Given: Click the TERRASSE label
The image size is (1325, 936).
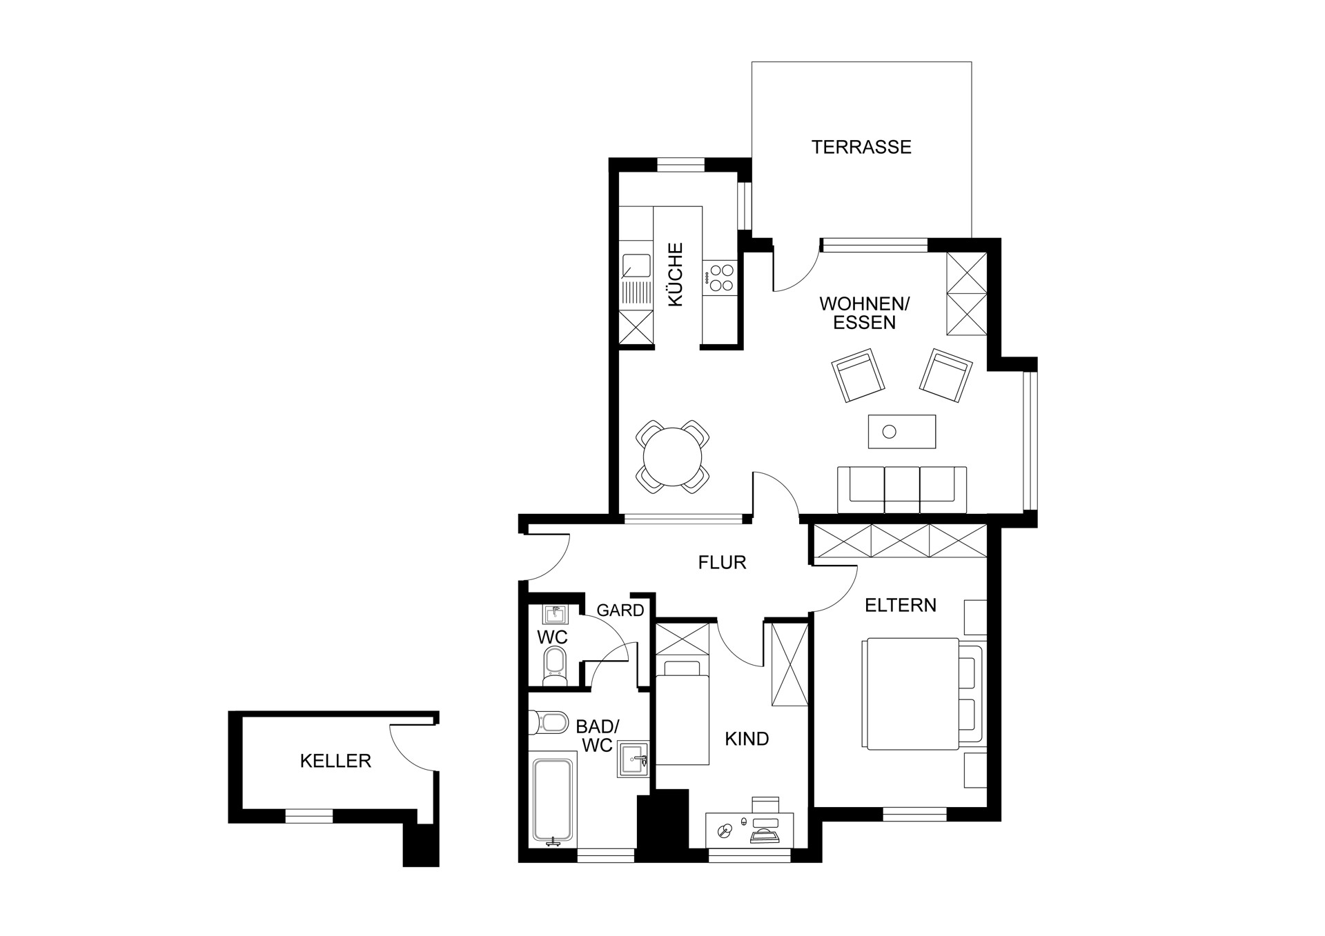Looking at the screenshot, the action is [x=861, y=147].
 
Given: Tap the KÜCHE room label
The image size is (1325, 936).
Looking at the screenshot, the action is [x=675, y=275].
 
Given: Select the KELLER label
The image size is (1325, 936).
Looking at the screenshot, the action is [x=335, y=761].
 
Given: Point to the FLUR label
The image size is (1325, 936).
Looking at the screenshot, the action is [x=722, y=563].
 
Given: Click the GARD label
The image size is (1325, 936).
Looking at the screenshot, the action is [x=620, y=610].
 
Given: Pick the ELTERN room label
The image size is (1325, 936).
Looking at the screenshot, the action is [x=901, y=606].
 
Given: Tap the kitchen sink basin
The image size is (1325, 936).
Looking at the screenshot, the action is [x=153, y=265].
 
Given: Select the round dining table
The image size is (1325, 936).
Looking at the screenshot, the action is [x=672, y=457].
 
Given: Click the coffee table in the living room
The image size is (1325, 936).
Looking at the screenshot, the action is [x=902, y=431].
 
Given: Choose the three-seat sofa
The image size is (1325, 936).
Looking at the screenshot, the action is [x=902, y=490].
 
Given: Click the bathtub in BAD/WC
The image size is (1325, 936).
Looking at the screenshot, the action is [x=553, y=802].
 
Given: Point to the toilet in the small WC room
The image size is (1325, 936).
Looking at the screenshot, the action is [x=554, y=666].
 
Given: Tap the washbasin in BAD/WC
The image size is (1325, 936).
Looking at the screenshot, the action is [x=633, y=759].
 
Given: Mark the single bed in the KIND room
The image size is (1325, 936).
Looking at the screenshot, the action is [x=682, y=712].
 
